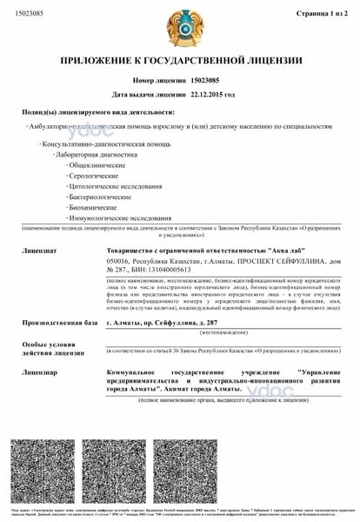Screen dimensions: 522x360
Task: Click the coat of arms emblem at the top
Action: [180, 30]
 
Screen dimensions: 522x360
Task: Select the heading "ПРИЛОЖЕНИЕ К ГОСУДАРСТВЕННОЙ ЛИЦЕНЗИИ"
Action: [180, 61]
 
